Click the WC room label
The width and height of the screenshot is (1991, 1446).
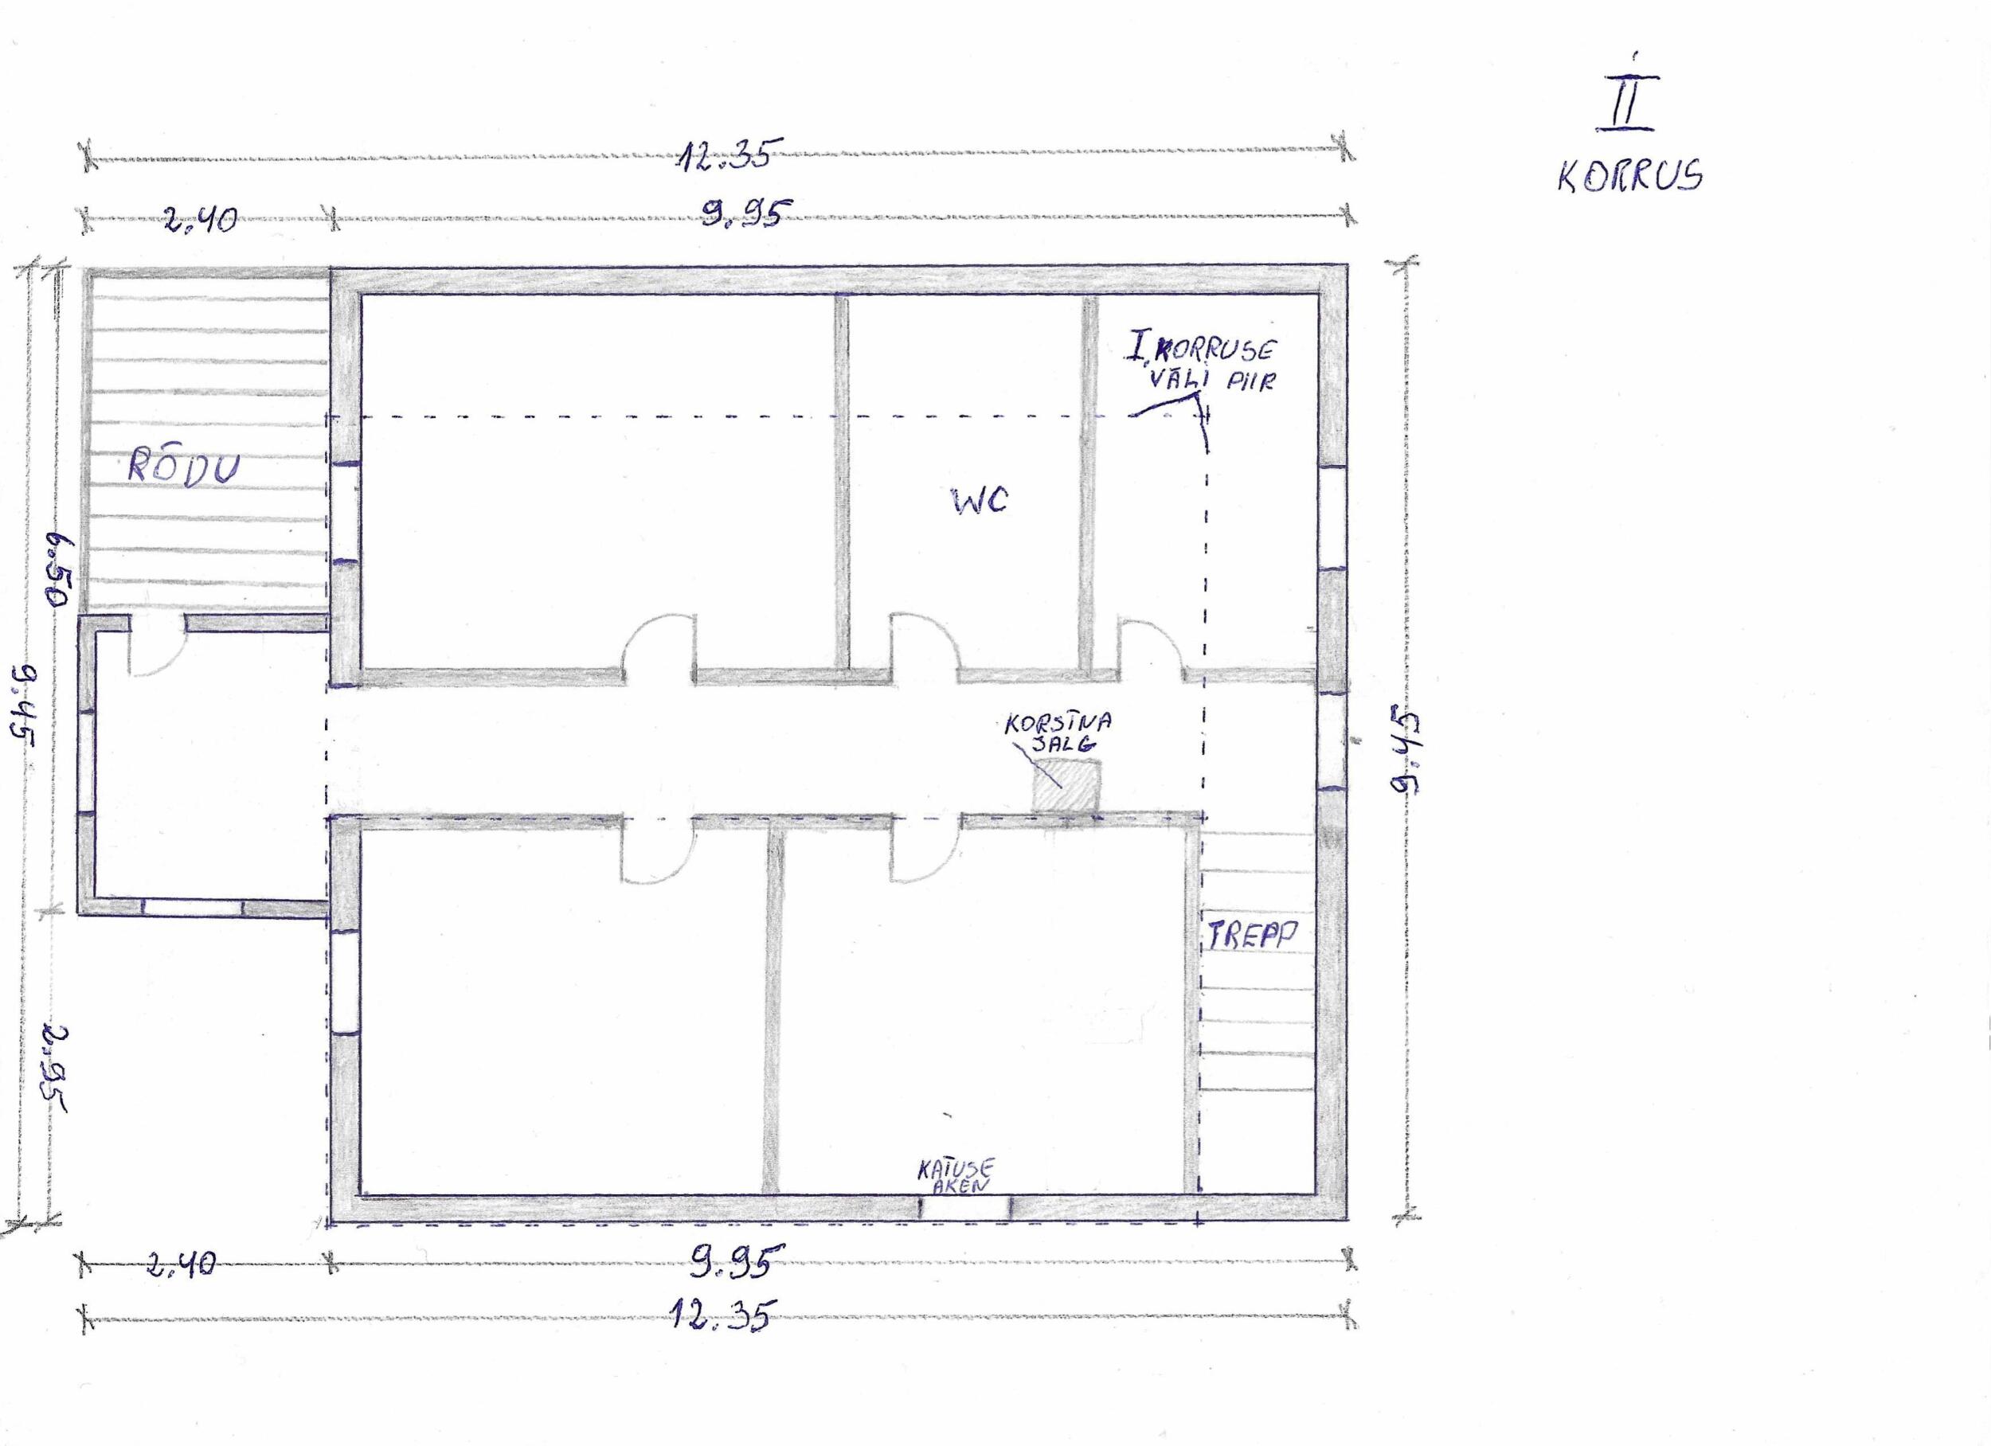(x=980, y=500)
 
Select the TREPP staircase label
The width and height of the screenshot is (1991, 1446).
(x=1251, y=935)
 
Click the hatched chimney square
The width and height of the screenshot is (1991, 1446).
(x=1066, y=786)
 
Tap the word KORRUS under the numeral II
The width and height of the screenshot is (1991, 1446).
(x=1630, y=177)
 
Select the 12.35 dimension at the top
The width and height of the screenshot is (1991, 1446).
(x=726, y=155)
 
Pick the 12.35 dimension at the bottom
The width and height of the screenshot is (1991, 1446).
(x=722, y=1315)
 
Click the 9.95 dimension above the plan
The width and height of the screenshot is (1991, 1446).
(x=745, y=213)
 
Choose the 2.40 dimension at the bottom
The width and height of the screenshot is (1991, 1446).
(x=180, y=1264)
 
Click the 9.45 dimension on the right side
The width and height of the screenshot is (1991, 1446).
(x=1409, y=752)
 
